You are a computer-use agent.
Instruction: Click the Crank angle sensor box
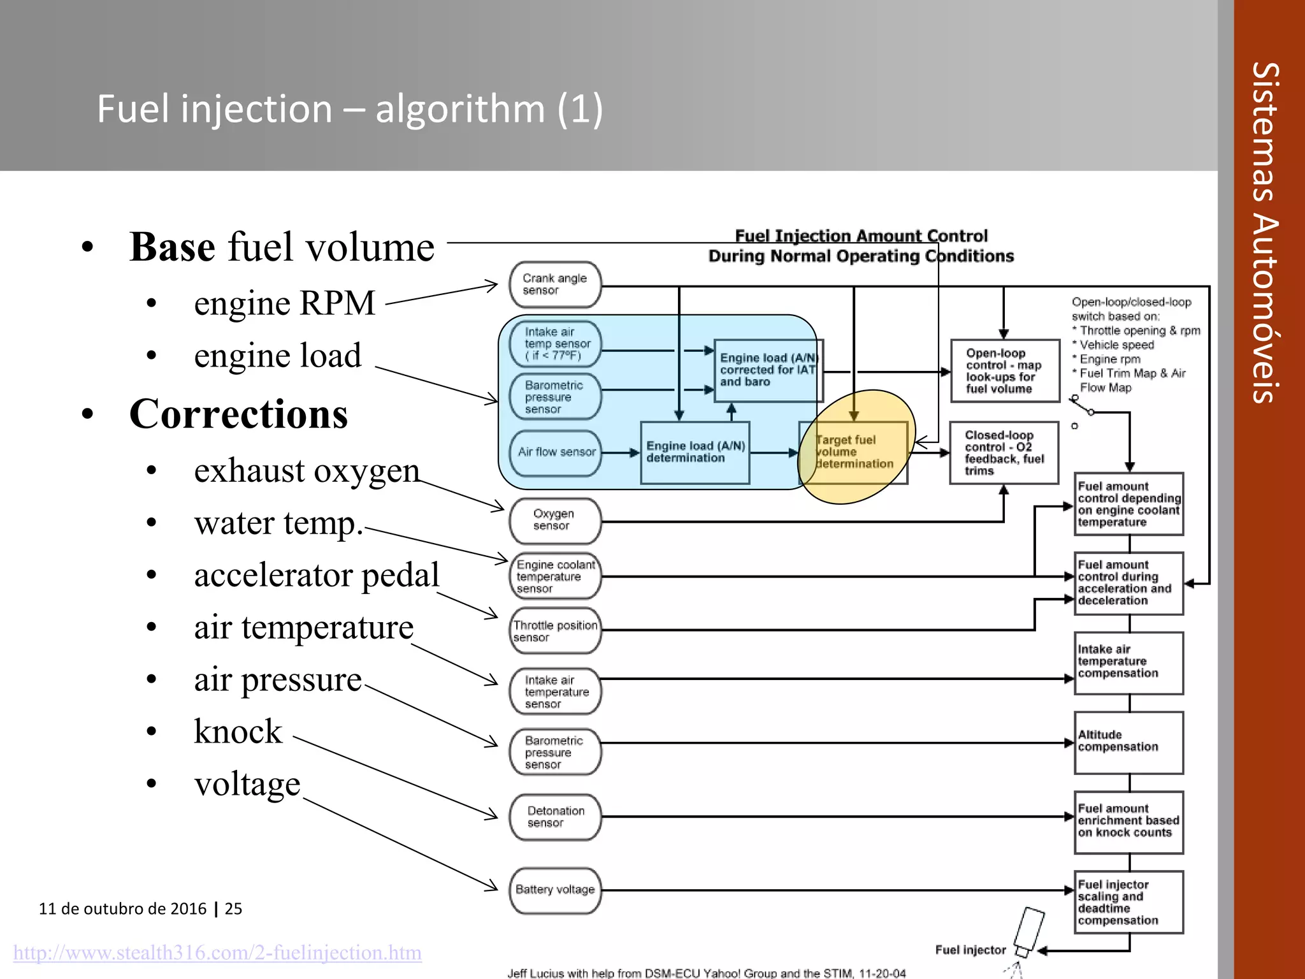pyautogui.click(x=555, y=284)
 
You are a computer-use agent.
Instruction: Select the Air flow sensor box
pyautogui.click(x=556, y=453)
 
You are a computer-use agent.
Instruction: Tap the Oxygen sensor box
pyautogui.click(x=555, y=520)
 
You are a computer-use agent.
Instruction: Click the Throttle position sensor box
pyautogui.click(x=555, y=631)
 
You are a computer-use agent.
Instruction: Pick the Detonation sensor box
pyautogui.click(x=555, y=817)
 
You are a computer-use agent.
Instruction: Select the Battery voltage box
pyautogui.click(x=555, y=890)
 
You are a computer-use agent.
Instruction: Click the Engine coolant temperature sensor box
pyautogui.click(x=555, y=576)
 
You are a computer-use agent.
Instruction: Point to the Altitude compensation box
pyautogui.click(x=1128, y=742)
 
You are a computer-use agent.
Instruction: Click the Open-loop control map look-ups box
pyautogui.click(x=1004, y=371)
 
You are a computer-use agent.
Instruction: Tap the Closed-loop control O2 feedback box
pyautogui.click(x=1004, y=453)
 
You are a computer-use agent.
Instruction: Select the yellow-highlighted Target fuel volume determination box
pyautogui.click(x=854, y=452)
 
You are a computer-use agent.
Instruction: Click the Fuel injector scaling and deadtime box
pyautogui.click(x=1128, y=902)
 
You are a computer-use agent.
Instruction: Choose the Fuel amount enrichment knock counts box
pyautogui.click(x=1128, y=822)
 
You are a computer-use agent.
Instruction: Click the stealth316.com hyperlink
pyautogui.click(x=217, y=952)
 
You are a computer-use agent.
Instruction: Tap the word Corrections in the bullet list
pyautogui.click(x=238, y=414)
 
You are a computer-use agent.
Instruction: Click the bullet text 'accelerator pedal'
pyautogui.click(x=317, y=575)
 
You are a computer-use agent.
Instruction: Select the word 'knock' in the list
pyautogui.click(x=238, y=732)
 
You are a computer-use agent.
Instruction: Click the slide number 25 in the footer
pyautogui.click(x=233, y=908)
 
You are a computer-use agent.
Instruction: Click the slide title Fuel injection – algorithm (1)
pyautogui.click(x=349, y=108)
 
